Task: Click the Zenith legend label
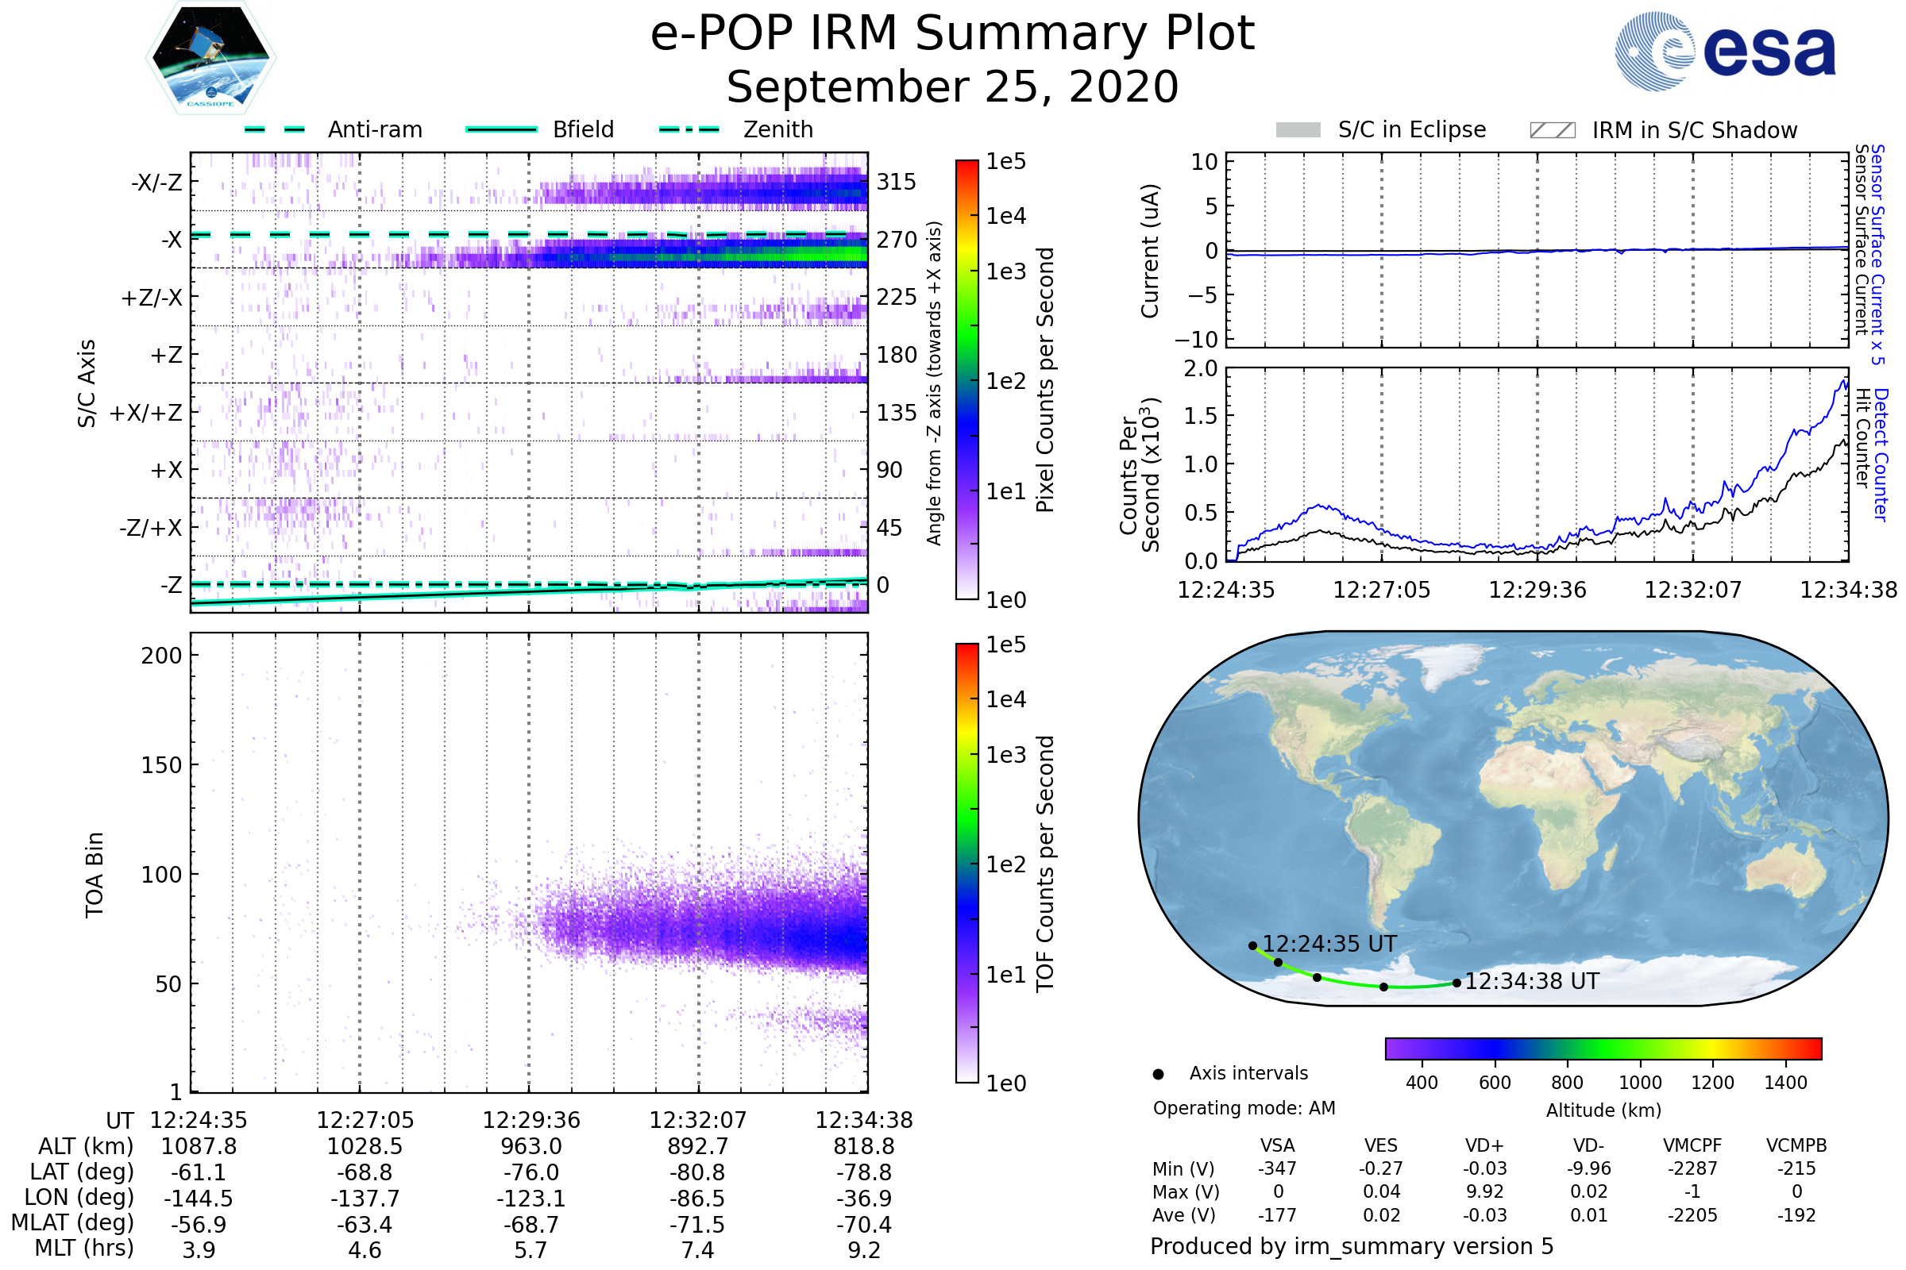pos(778,129)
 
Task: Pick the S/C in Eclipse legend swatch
pos(1298,130)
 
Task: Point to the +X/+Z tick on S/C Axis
pos(146,413)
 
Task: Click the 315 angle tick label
pos(897,183)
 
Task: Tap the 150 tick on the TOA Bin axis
pos(161,765)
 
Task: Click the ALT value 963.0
pos(531,1146)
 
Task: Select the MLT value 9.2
pos(864,1249)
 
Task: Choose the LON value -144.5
pos(199,1198)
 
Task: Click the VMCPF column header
pos(1692,1145)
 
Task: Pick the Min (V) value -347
pos(1277,1168)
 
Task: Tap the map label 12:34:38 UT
pos(1532,982)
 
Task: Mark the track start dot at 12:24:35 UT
pos(1253,945)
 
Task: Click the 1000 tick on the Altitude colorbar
pos(1640,1083)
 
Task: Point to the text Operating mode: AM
pos(1244,1108)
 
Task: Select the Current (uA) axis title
pos(1150,251)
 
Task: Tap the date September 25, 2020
pos(952,87)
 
